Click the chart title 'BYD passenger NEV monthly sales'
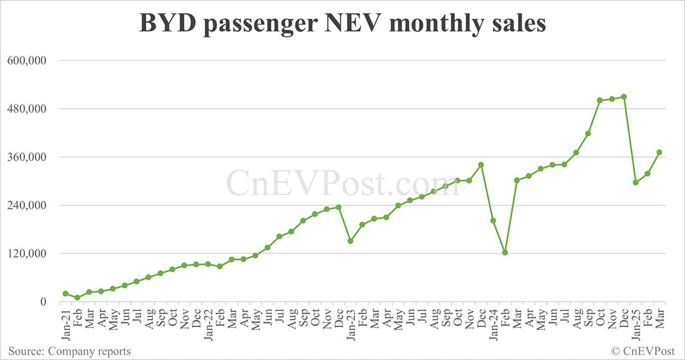(x=342, y=25)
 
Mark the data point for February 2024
(x=505, y=252)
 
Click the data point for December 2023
(x=481, y=165)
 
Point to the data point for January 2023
(x=350, y=241)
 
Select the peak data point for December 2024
(x=624, y=96)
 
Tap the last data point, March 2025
(x=659, y=152)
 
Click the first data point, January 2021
(x=65, y=293)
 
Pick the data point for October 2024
(x=600, y=100)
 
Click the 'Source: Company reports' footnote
(x=70, y=351)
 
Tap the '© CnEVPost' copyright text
(x=643, y=351)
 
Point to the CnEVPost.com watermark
(x=342, y=183)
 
